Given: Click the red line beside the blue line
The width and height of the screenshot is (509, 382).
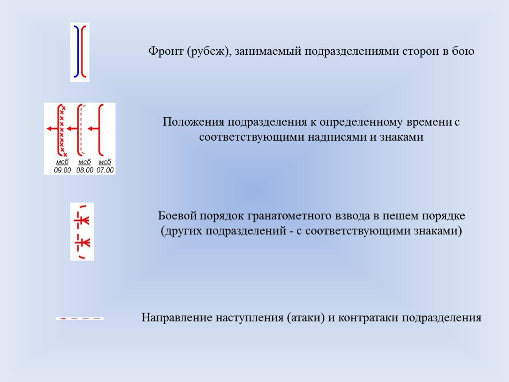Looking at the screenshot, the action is pyautogui.click(x=82, y=52).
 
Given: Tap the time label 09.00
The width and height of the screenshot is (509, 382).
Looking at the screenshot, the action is pyautogui.click(x=62, y=170).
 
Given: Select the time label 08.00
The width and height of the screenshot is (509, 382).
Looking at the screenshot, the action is pyautogui.click(x=85, y=170).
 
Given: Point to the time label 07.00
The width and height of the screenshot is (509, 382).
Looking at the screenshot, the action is pyautogui.click(x=105, y=170).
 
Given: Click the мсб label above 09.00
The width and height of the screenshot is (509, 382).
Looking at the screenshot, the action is pyautogui.click(x=62, y=162).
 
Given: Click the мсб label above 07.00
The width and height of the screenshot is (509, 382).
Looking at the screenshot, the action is pyautogui.click(x=105, y=162).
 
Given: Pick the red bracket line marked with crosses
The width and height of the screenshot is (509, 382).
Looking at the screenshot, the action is pyautogui.click(x=58, y=130).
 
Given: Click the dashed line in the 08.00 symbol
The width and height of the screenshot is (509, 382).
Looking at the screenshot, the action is pyautogui.click(x=81, y=130).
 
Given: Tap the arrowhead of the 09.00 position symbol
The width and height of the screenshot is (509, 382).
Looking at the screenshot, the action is pyautogui.click(x=49, y=129).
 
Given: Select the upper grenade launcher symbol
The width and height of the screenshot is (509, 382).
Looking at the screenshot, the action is pyautogui.click(x=82, y=221).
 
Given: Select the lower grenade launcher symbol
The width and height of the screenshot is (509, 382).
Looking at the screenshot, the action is pyautogui.click(x=82, y=243).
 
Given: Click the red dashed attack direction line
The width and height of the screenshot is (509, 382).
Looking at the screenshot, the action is pyautogui.click(x=80, y=319).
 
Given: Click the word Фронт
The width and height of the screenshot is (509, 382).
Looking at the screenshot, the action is pyautogui.click(x=166, y=51).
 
